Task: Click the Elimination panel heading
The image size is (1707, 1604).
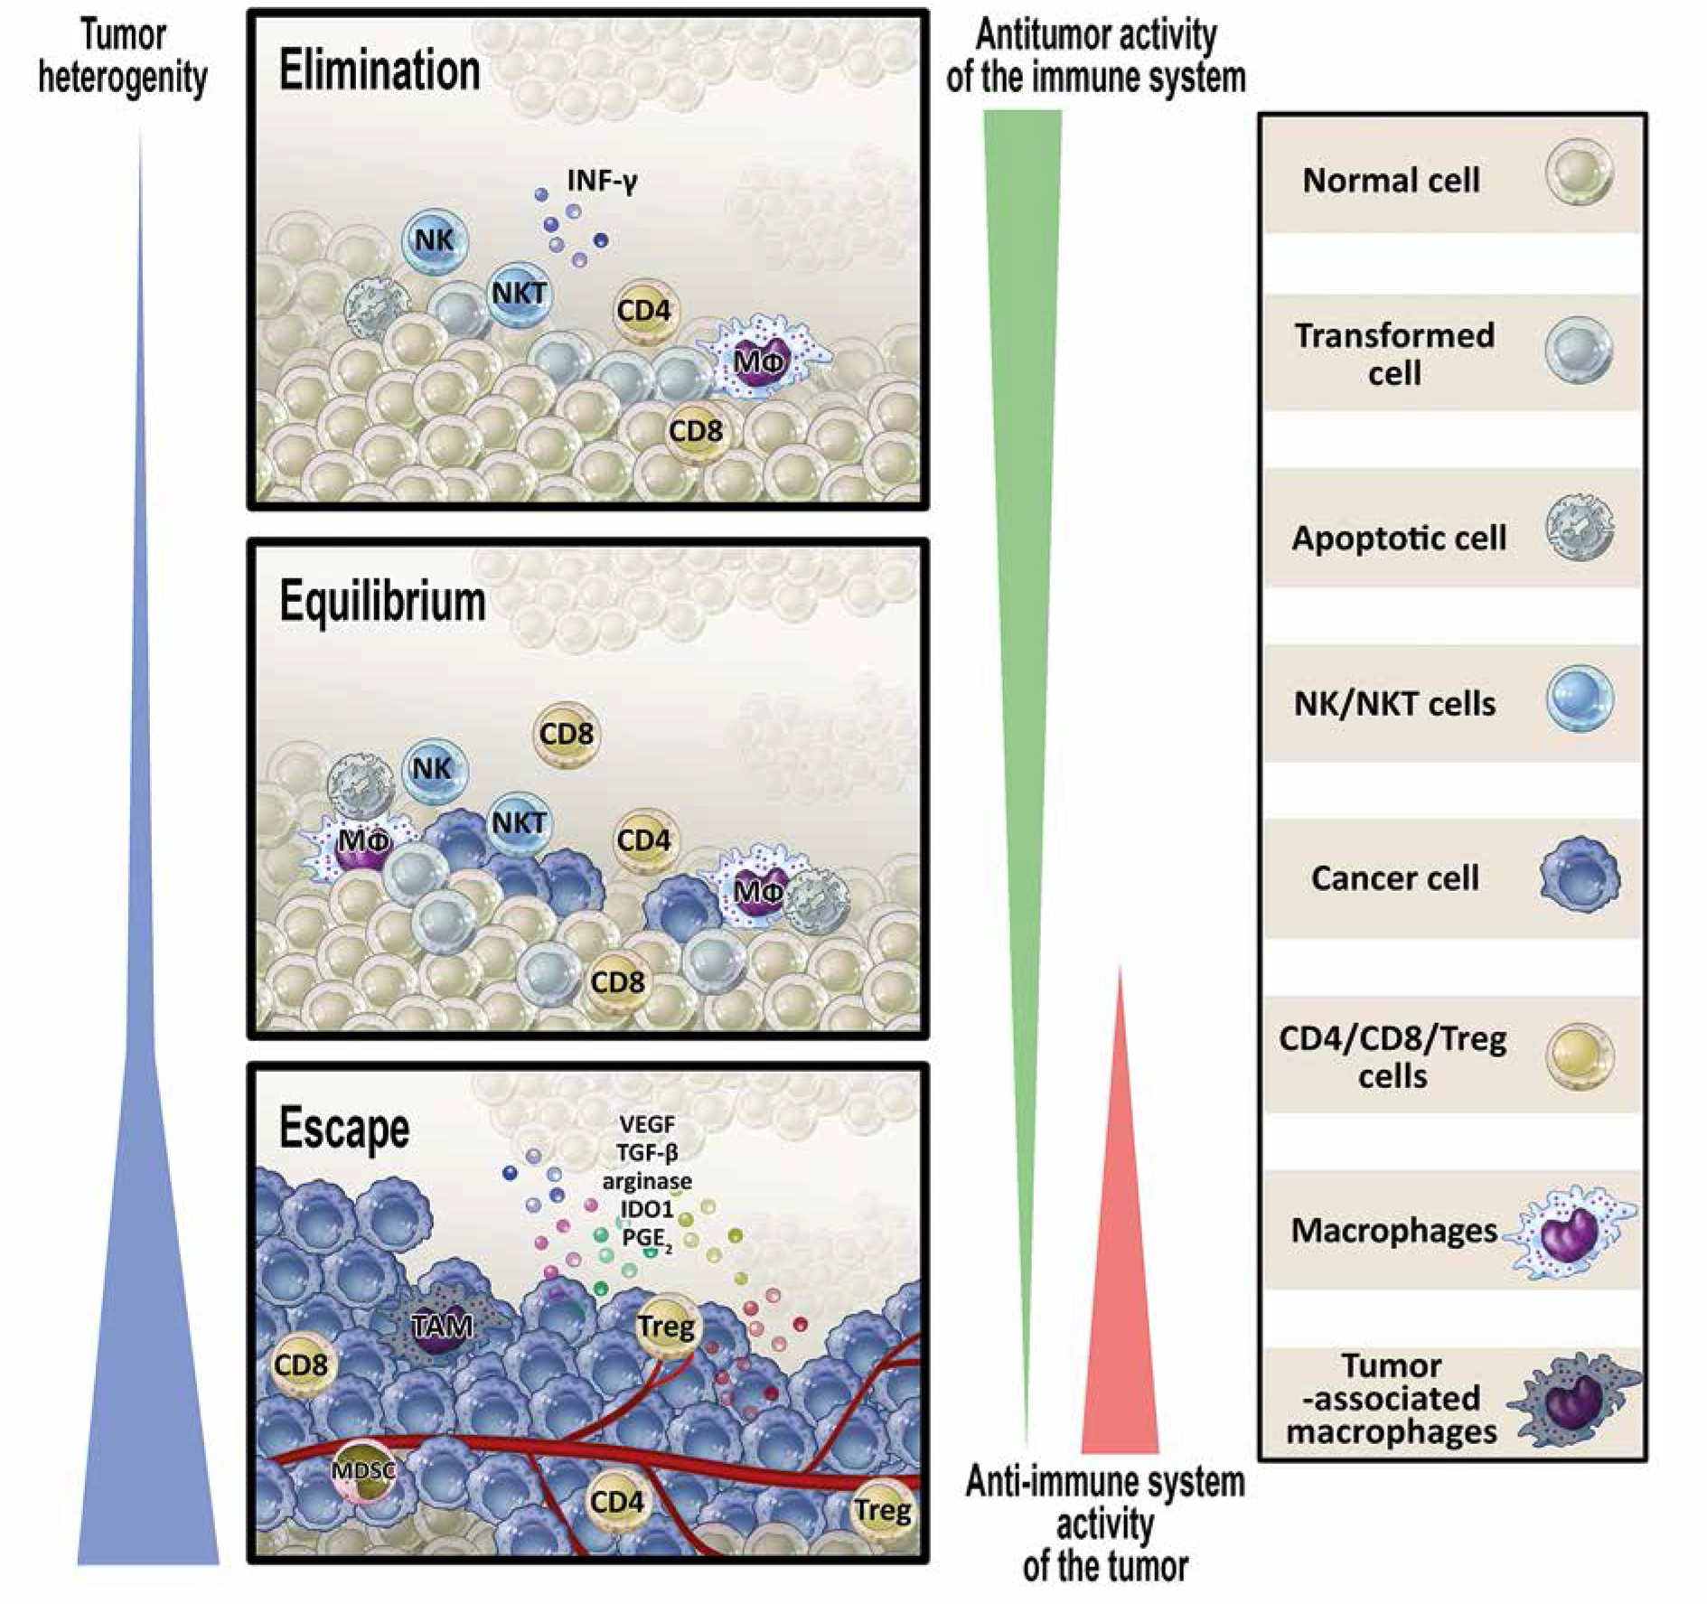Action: coord(379,70)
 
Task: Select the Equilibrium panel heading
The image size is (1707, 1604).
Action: coord(382,601)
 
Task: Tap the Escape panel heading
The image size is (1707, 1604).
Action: coord(344,1128)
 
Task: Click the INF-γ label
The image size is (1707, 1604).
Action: coord(602,181)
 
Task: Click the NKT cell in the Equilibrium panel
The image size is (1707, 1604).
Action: coord(520,822)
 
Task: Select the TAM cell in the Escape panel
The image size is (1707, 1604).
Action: coord(442,1326)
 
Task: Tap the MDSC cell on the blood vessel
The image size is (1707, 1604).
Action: coord(363,1470)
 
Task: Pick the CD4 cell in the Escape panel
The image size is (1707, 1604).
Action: coord(617,1501)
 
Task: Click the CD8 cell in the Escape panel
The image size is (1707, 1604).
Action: coord(301,1365)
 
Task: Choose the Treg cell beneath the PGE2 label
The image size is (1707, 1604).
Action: coord(667,1327)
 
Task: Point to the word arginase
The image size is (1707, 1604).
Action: coord(647,1180)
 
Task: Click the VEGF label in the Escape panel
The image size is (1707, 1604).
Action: coord(647,1125)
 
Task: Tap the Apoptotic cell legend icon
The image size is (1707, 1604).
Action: coord(1580,528)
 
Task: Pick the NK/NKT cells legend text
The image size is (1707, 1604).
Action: coord(1394,703)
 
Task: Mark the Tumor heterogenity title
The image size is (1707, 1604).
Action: coord(123,57)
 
